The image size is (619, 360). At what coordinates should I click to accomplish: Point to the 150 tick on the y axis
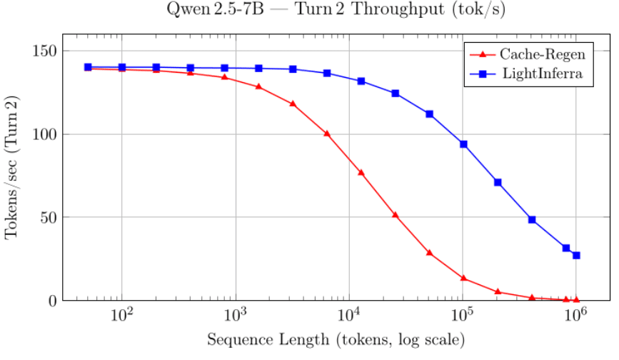[x=47, y=51]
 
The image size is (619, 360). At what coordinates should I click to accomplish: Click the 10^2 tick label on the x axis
[x=122, y=315]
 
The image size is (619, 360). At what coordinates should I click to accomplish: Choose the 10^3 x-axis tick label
[x=236, y=315]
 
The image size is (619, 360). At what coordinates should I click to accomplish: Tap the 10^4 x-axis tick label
[x=349, y=315]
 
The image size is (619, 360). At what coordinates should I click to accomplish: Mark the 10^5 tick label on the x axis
[x=463, y=315]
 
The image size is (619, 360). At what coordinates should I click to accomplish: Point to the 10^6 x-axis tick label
[x=576, y=315]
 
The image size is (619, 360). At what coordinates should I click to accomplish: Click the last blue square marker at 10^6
[x=576, y=255]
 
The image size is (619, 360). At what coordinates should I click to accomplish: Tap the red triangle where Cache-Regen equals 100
[x=327, y=134]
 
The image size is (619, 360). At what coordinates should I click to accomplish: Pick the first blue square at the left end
[x=88, y=67]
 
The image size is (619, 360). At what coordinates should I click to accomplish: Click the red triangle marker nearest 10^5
[x=463, y=278]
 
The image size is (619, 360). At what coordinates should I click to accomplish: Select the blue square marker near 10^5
[x=463, y=144]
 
